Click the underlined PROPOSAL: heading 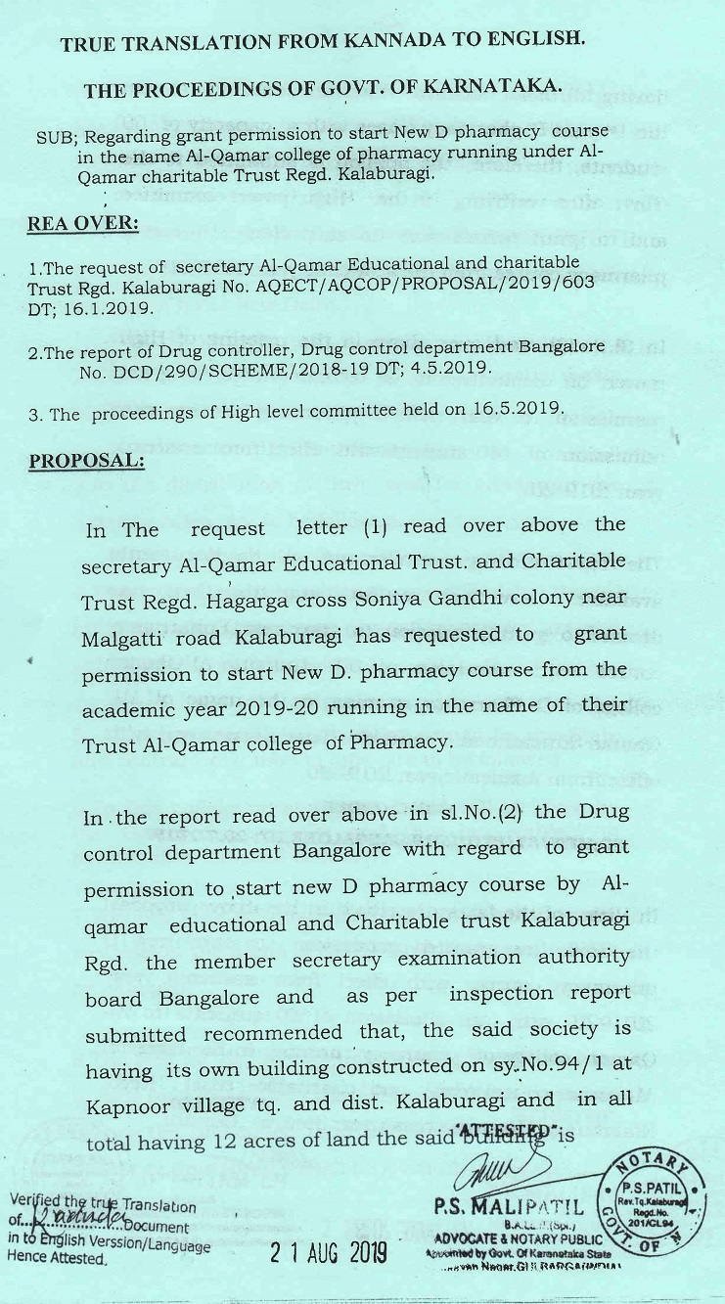(x=86, y=460)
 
